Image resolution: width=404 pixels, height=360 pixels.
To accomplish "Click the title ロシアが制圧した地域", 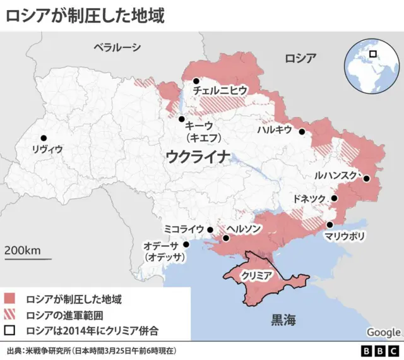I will pos(85,15).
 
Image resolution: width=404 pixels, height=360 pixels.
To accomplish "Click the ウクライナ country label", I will pos(196,157).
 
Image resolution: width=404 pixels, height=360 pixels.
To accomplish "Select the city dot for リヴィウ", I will pos(44,138).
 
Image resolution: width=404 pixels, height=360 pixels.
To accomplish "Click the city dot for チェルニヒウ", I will pos(197,81).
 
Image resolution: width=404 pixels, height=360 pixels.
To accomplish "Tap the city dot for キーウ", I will pos(181,119).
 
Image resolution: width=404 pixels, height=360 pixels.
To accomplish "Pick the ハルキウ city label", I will pos(275,129).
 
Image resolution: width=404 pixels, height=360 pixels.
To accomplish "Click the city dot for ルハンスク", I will pos(366,178).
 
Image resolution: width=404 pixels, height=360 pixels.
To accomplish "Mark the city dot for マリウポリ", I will pos(330,225).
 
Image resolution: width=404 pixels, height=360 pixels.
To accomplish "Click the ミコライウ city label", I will pos(184,229).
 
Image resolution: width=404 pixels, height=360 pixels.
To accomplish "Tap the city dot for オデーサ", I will pos(186,244).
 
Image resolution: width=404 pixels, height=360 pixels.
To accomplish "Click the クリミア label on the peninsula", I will pos(256,276).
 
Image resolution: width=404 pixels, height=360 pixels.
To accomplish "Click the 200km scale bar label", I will pos(23,249).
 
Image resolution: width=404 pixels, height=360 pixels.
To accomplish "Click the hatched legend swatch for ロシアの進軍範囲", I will pos(9,314).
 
